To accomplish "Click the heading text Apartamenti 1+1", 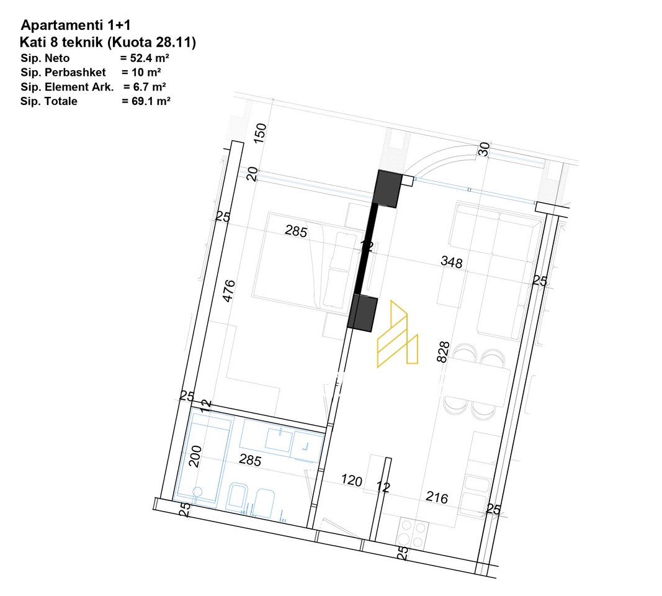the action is [76, 25].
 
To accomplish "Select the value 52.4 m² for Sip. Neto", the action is [150, 58].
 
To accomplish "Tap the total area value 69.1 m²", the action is [151, 101].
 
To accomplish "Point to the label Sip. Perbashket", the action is [63, 73].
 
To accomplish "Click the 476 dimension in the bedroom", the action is [228, 291].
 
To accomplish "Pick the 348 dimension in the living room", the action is [451, 262].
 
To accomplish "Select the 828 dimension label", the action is [443, 352].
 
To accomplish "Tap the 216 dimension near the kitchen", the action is [437, 497].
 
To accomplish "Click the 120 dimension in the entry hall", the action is [351, 480].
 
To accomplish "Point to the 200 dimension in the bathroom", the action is [195, 456].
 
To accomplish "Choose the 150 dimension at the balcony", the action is [260, 133].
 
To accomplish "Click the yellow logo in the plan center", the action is [397, 333].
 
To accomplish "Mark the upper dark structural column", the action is [388, 188].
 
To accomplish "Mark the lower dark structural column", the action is [362, 312].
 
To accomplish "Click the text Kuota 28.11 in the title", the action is [151, 42].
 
